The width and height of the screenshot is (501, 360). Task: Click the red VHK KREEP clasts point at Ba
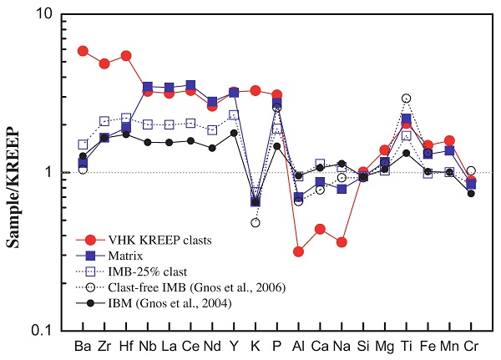tap(83, 51)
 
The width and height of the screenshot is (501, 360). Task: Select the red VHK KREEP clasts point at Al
tap(299, 251)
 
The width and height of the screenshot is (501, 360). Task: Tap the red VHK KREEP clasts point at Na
tap(342, 242)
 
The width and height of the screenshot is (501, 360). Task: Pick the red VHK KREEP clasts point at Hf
tap(126, 56)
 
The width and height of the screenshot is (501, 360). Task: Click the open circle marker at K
tap(256, 223)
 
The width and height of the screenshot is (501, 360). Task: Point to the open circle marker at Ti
tap(407, 99)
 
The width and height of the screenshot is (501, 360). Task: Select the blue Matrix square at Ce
tap(191, 85)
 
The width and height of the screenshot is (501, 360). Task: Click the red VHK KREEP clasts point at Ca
tap(320, 229)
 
